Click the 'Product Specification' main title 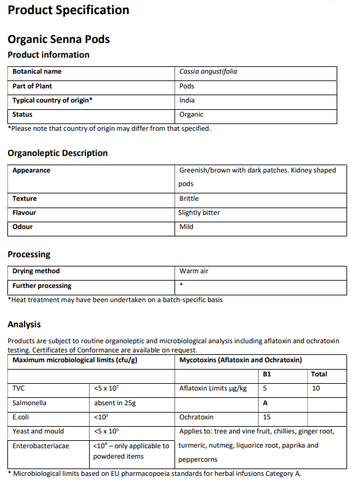coord(68,10)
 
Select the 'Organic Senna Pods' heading coord(58,39)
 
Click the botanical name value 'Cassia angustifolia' coord(208,72)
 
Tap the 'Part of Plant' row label coord(33,86)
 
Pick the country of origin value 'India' coord(187,100)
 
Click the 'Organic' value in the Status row coord(191,114)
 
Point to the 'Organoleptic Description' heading coord(57,153)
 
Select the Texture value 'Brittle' coord(189,198)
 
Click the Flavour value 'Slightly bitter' coord(199,212)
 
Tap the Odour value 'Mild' coord(186,227)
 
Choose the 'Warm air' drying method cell coord(194,271)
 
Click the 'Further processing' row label coord(42,286)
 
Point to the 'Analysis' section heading coord(24,324)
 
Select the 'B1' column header coord(267,374)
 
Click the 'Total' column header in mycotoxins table coord(319,374)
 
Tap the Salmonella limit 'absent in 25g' coord(115,403)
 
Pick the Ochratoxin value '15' coord(267,417)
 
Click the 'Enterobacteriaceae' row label coord(41,445)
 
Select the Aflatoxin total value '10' coord(316,388)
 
